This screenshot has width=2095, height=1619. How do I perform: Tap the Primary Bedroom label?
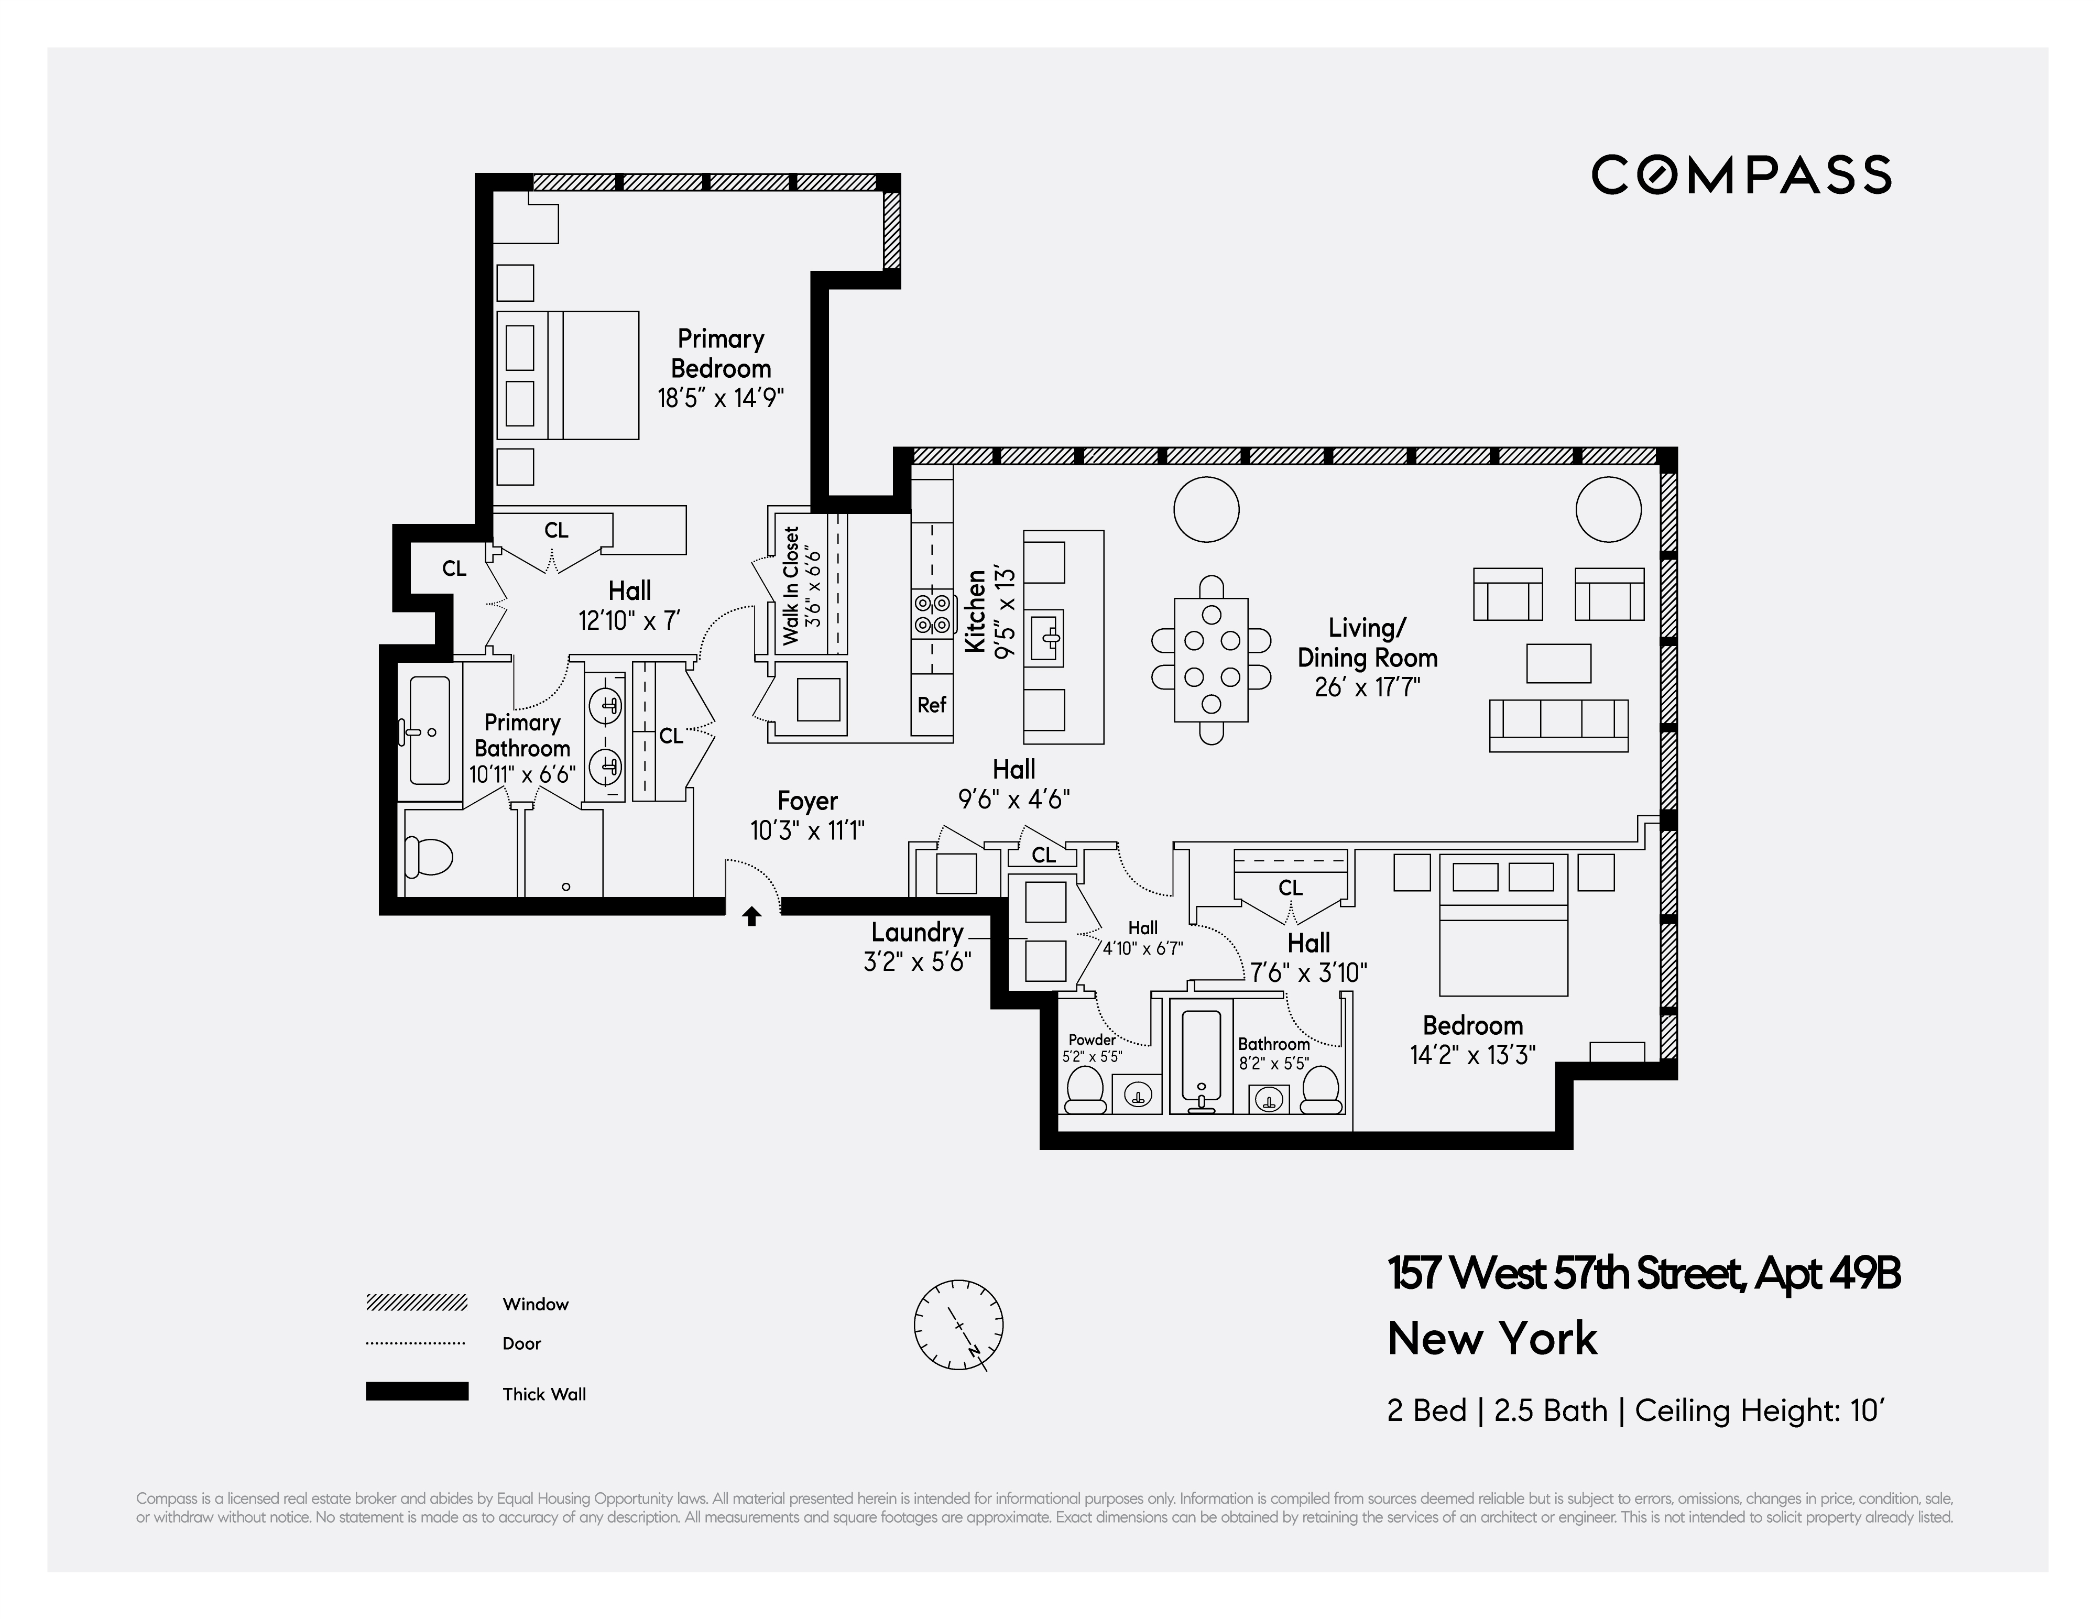point(721,353)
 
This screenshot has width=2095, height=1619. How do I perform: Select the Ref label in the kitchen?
point(931,705)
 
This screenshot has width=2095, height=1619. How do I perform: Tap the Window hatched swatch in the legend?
point(416,1303)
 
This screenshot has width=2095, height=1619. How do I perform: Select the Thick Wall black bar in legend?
point(416,1392)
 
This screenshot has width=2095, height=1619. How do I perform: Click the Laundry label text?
point(917,932)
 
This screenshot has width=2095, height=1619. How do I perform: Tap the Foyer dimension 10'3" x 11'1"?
point(808,830)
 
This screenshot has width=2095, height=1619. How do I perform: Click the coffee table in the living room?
point(1559,663)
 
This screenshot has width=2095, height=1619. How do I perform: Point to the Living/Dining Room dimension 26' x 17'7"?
point(1367,688)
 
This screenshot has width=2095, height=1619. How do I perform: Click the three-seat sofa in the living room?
point(1559,724)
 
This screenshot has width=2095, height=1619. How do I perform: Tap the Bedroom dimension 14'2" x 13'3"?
point(1472,1055)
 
